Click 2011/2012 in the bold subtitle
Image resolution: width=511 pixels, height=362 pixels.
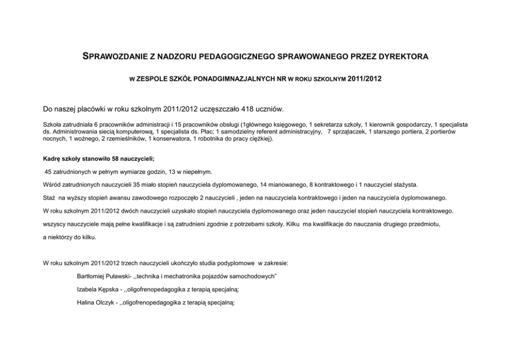pyautogui.click(x=365, y=81)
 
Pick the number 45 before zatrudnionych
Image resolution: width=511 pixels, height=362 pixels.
pyautogui.click(x=48, y=171)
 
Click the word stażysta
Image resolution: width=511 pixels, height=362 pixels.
pyautogui.click(x=406, y=184)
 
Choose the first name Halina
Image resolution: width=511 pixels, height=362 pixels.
pyautogui.click(x=84, y=303)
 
